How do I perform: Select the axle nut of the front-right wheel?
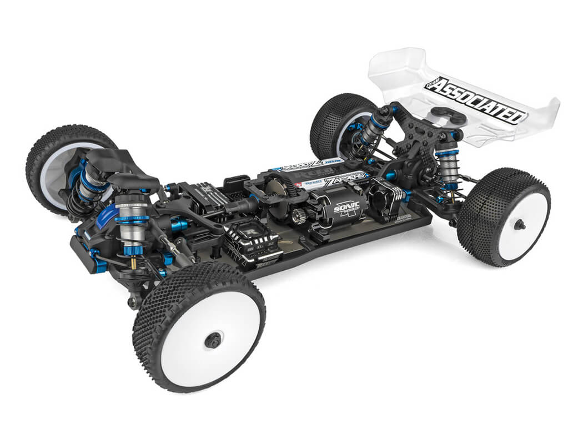(213, 341)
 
